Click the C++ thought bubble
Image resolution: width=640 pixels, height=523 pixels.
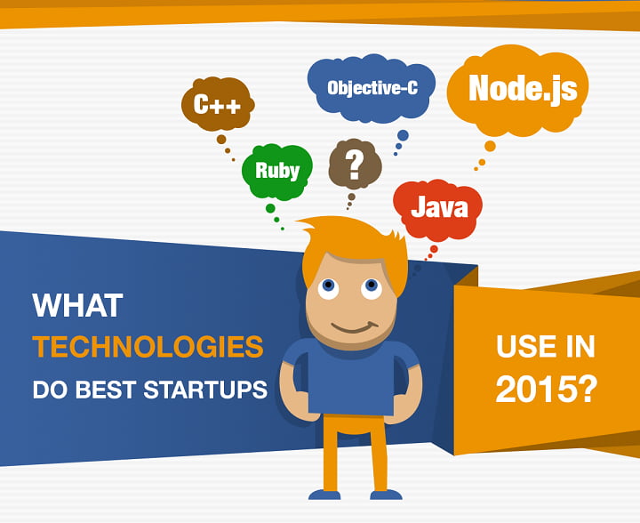(x=218, y=104)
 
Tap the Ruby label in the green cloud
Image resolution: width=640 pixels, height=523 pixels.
(x=277, y=170)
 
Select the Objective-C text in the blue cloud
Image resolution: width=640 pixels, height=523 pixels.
(x=372, y=87)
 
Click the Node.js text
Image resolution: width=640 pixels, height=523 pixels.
(x=523, y=89)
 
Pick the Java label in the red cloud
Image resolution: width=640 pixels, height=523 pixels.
(x=439, y=207)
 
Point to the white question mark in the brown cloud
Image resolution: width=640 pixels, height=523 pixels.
(x=355, y=165)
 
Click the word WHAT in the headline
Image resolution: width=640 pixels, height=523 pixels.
(x=77, y=305)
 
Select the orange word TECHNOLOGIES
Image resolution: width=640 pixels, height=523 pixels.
(x=148, y=346)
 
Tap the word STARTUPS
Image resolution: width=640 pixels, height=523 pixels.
(x=205, y=390)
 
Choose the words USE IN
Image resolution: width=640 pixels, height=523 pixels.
(x=545, y=346)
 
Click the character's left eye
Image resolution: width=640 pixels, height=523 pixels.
(x=329, y=287)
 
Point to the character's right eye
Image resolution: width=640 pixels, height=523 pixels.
(x=372, y=287)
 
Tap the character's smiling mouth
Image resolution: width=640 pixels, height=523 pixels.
(x=355, y=327)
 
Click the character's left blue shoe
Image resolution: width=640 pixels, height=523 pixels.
(x=324, y=495)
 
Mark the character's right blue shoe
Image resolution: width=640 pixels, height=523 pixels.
(x=386, y=495)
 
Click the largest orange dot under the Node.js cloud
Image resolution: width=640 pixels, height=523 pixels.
(x=490, y=146)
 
